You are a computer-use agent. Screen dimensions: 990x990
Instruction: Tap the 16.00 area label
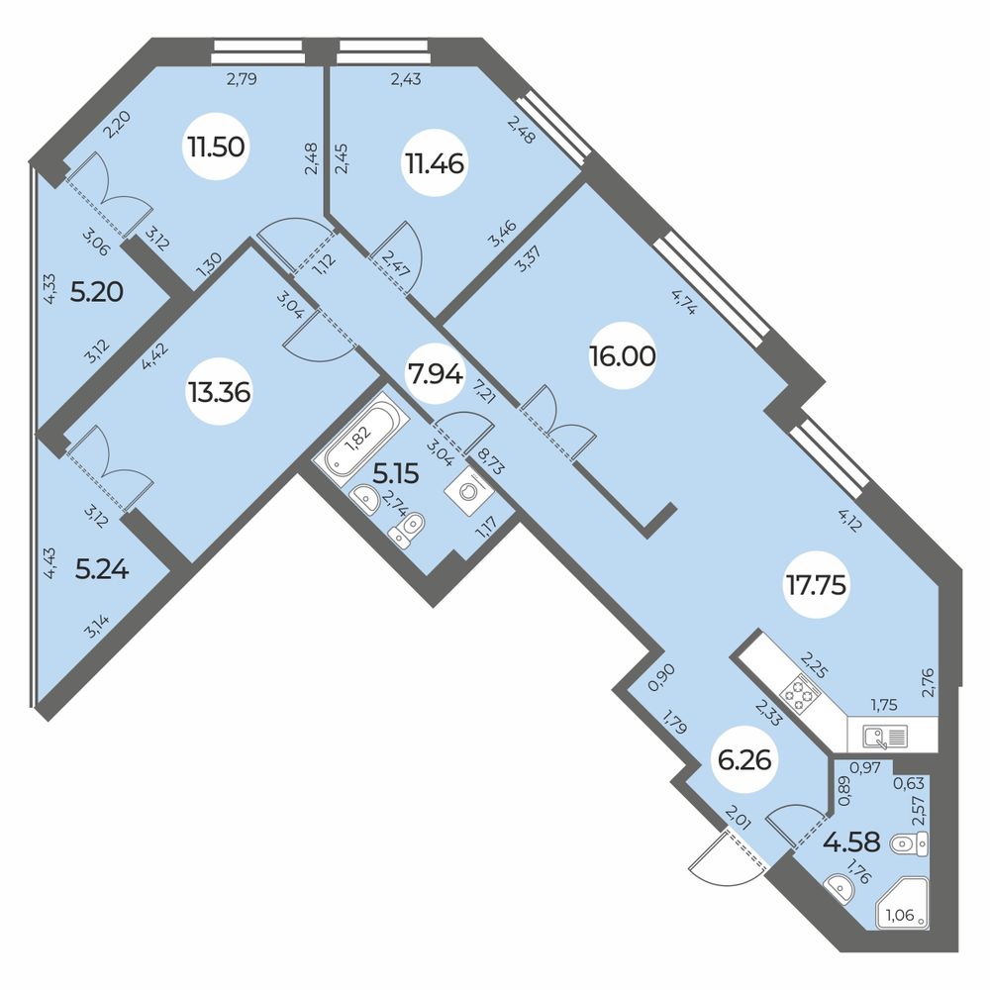click(621, 356)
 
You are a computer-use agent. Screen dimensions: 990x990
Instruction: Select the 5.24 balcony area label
click(102, 569)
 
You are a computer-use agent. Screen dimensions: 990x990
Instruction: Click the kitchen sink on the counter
click(883, 736)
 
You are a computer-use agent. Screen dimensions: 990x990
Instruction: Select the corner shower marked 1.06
click(902, 903)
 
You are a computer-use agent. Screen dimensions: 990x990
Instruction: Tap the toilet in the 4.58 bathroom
click(909, 843)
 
